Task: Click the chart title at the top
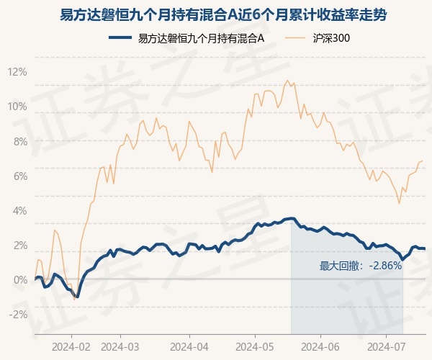point(223,14)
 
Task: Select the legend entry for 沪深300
point(317,38)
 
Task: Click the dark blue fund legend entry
point(186,38)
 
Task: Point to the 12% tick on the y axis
point(17,72)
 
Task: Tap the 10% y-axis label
point(17,107)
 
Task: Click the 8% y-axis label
point(21,142)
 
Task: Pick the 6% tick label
point(21,176)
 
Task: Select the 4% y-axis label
point(20,211)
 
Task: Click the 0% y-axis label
point(21,280)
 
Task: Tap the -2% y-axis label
point(18,315)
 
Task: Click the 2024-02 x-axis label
point(71,347)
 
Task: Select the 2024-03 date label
point(120,347)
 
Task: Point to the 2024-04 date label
point(189,347)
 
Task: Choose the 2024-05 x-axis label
point(255,347)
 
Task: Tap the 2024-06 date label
point(320,347)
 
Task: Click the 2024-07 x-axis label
point(387,347)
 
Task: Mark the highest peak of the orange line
point(287,81)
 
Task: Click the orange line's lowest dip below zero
point(74,300)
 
